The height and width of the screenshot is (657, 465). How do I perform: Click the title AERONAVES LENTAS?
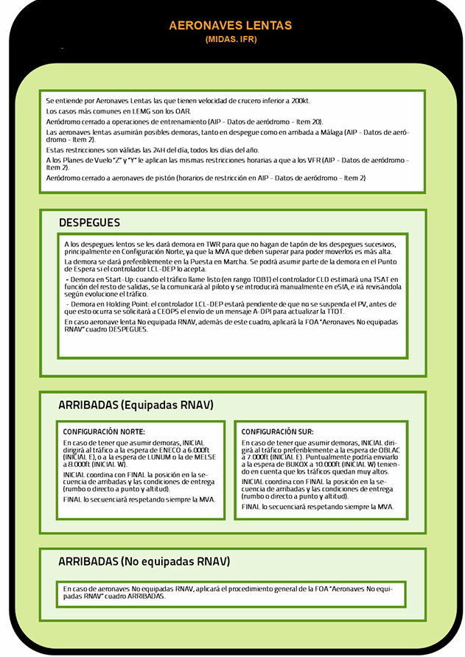pyautogui.click(x=231, y=26)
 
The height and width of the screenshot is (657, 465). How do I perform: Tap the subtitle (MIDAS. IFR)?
pyautogui.click(x=231, y=40)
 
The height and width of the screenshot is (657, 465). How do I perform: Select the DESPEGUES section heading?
pyautogui.click(x=89, y=222)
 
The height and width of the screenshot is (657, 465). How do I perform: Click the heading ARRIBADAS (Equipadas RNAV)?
pyautogui.click(x=136, y=404)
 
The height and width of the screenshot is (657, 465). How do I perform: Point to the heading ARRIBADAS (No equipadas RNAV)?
pyautogui.click(x=144, y=561)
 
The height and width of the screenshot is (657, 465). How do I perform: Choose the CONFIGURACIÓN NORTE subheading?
pyautogui.click(x=104, y=431)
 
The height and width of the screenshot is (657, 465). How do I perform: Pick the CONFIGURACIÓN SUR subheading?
pyautogui.click(x=278, y=431)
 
